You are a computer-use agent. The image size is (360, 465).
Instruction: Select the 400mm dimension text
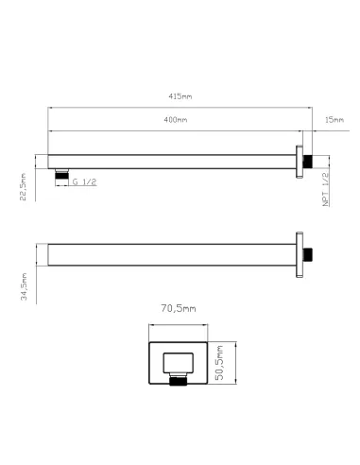pos(174,120)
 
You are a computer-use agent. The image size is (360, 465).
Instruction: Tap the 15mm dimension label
pos(333,120)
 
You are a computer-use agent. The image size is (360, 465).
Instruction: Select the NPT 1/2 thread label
pos(326,189)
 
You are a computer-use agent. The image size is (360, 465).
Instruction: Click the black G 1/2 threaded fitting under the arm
pos(61,173)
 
